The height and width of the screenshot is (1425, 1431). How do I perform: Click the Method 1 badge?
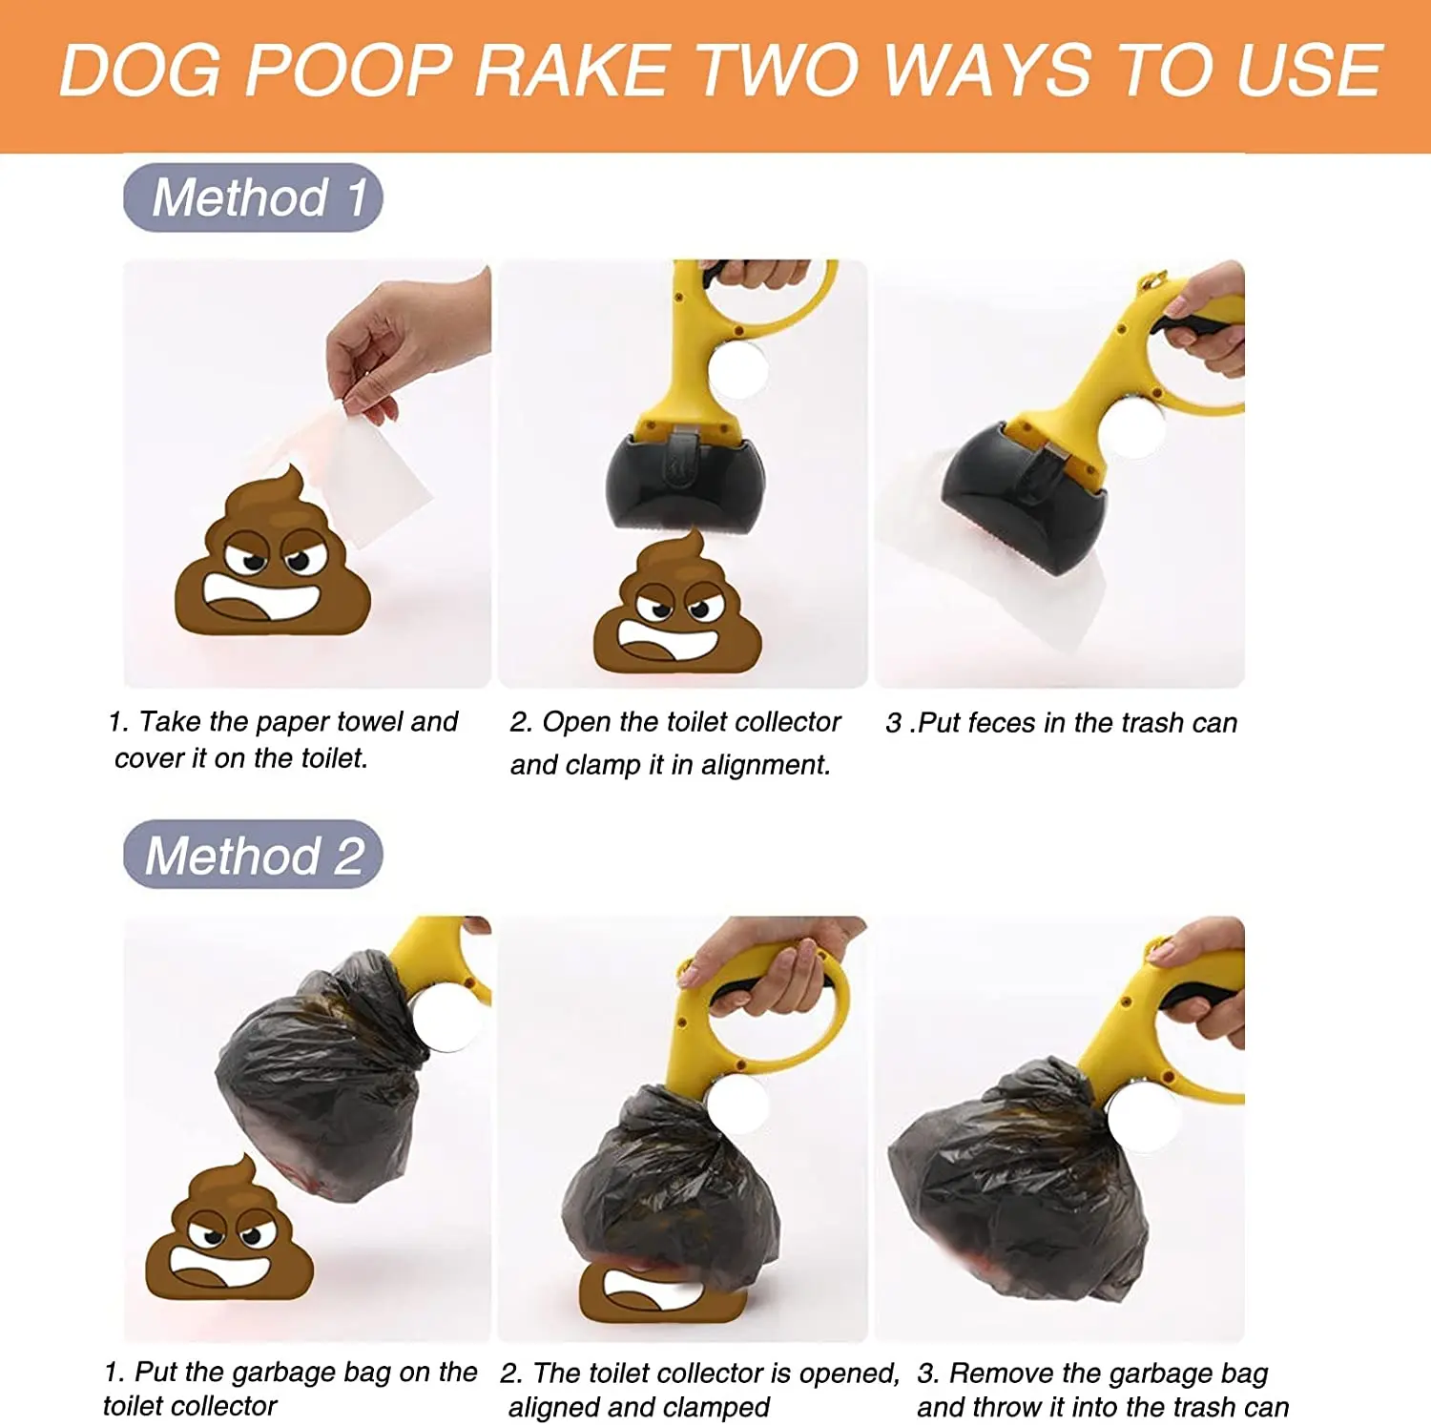pyautogui.click(x=253, y=197)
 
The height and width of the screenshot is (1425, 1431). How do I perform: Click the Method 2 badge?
pyautogui.click(x=253, y=855)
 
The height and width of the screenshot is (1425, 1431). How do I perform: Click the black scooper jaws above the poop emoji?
pyautogui.click(x=684, y=482)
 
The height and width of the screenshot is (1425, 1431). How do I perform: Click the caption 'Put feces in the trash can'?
pyautogui.click(x=1061, y=723)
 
